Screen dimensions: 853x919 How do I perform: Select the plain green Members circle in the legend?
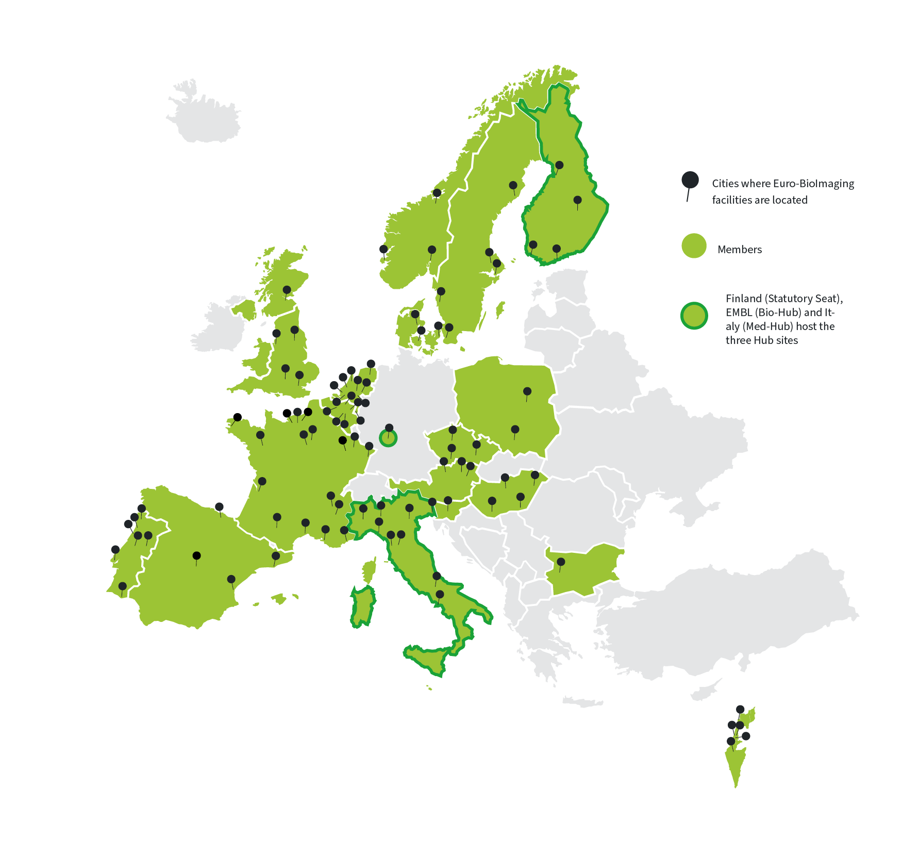(694, 245)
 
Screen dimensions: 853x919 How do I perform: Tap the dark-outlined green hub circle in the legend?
(694, 316)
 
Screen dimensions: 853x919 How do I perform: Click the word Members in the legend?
(739, 250)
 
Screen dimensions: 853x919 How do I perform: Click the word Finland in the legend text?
(743, 299)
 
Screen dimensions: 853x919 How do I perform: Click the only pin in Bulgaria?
(561, 562)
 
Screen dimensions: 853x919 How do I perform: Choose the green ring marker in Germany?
(388, 438)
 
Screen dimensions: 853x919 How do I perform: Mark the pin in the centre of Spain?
(196, 555)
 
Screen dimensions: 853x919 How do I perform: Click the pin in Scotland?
(287, 290)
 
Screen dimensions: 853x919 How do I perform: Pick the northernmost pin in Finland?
(559, 166)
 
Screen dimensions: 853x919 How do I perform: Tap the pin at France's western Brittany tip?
(237, 417)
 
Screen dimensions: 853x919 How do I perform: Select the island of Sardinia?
(363, 605)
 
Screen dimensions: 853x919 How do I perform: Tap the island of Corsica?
(369, 570)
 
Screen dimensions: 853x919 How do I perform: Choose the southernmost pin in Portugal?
(122, 586)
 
